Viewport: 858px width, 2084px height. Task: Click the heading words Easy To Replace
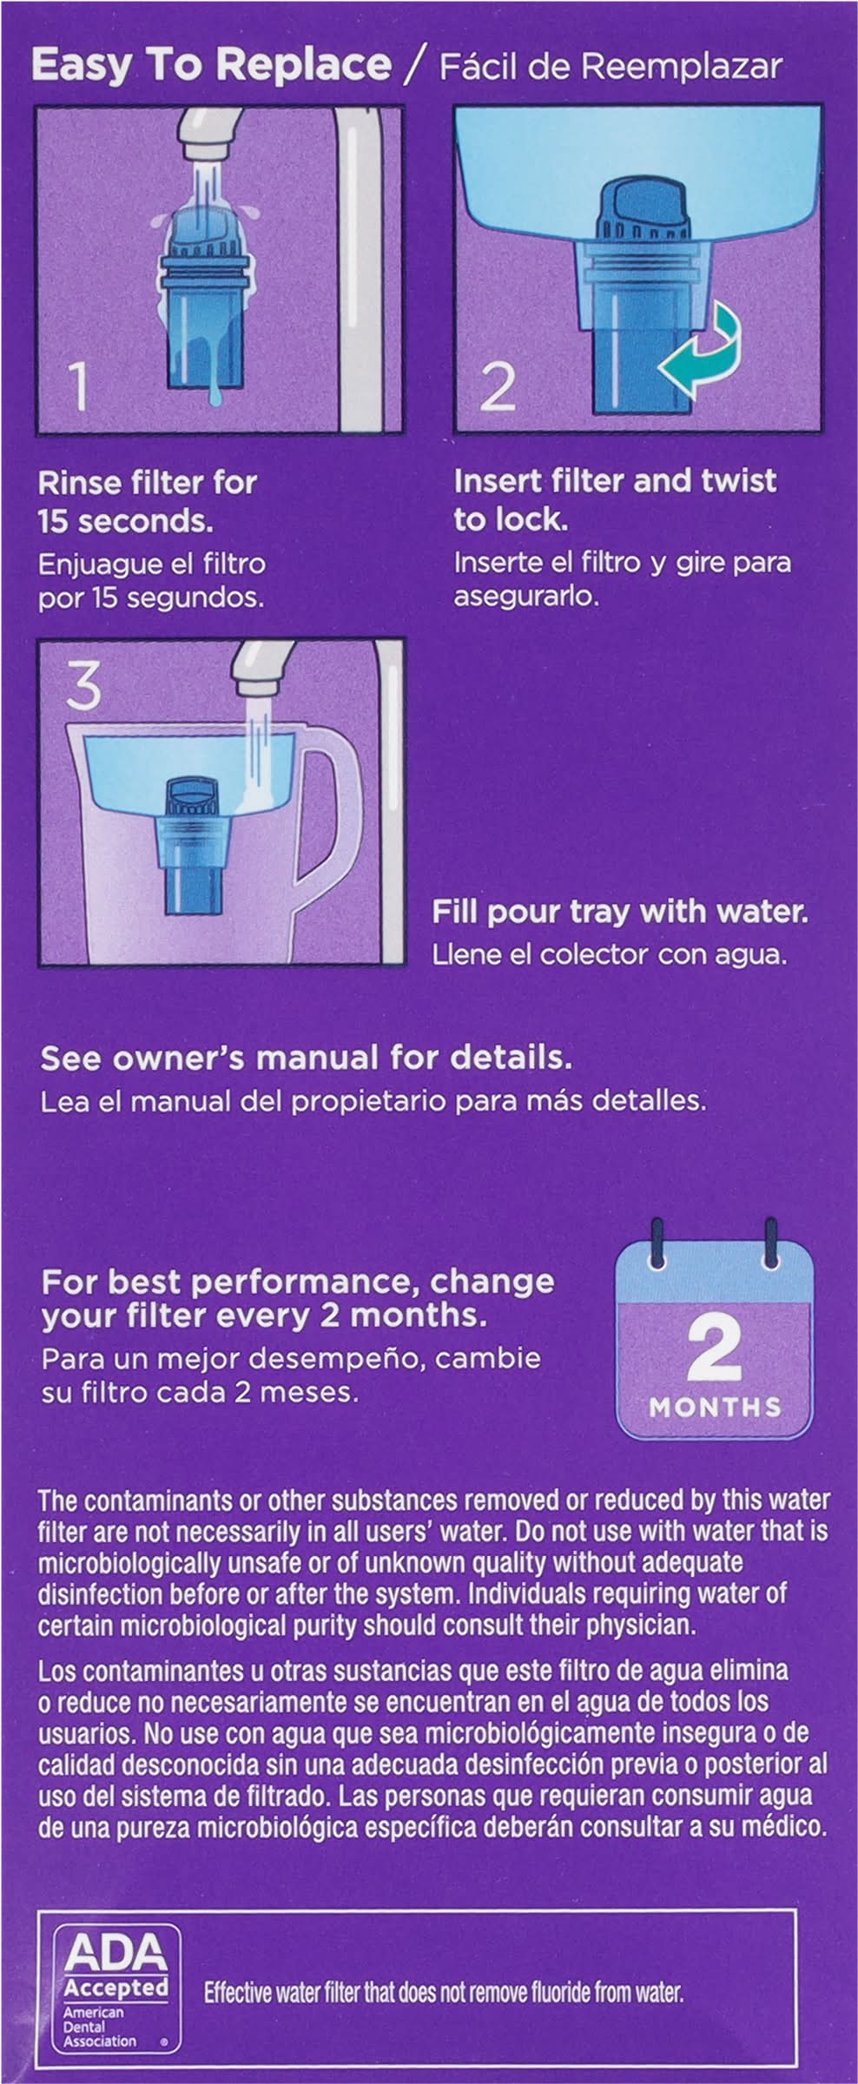pyautogui.click(x=211, y=65)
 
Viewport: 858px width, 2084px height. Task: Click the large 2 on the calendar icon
pyautogui.click(x=714, y=1347)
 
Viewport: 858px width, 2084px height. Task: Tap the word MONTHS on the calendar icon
pyautogui.click(x=715, y=1407)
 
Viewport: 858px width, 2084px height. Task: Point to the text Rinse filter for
pyautogui.click(x=148, y=483)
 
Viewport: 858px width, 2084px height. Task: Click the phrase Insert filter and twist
pyautogui.click(x=615, y=481)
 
